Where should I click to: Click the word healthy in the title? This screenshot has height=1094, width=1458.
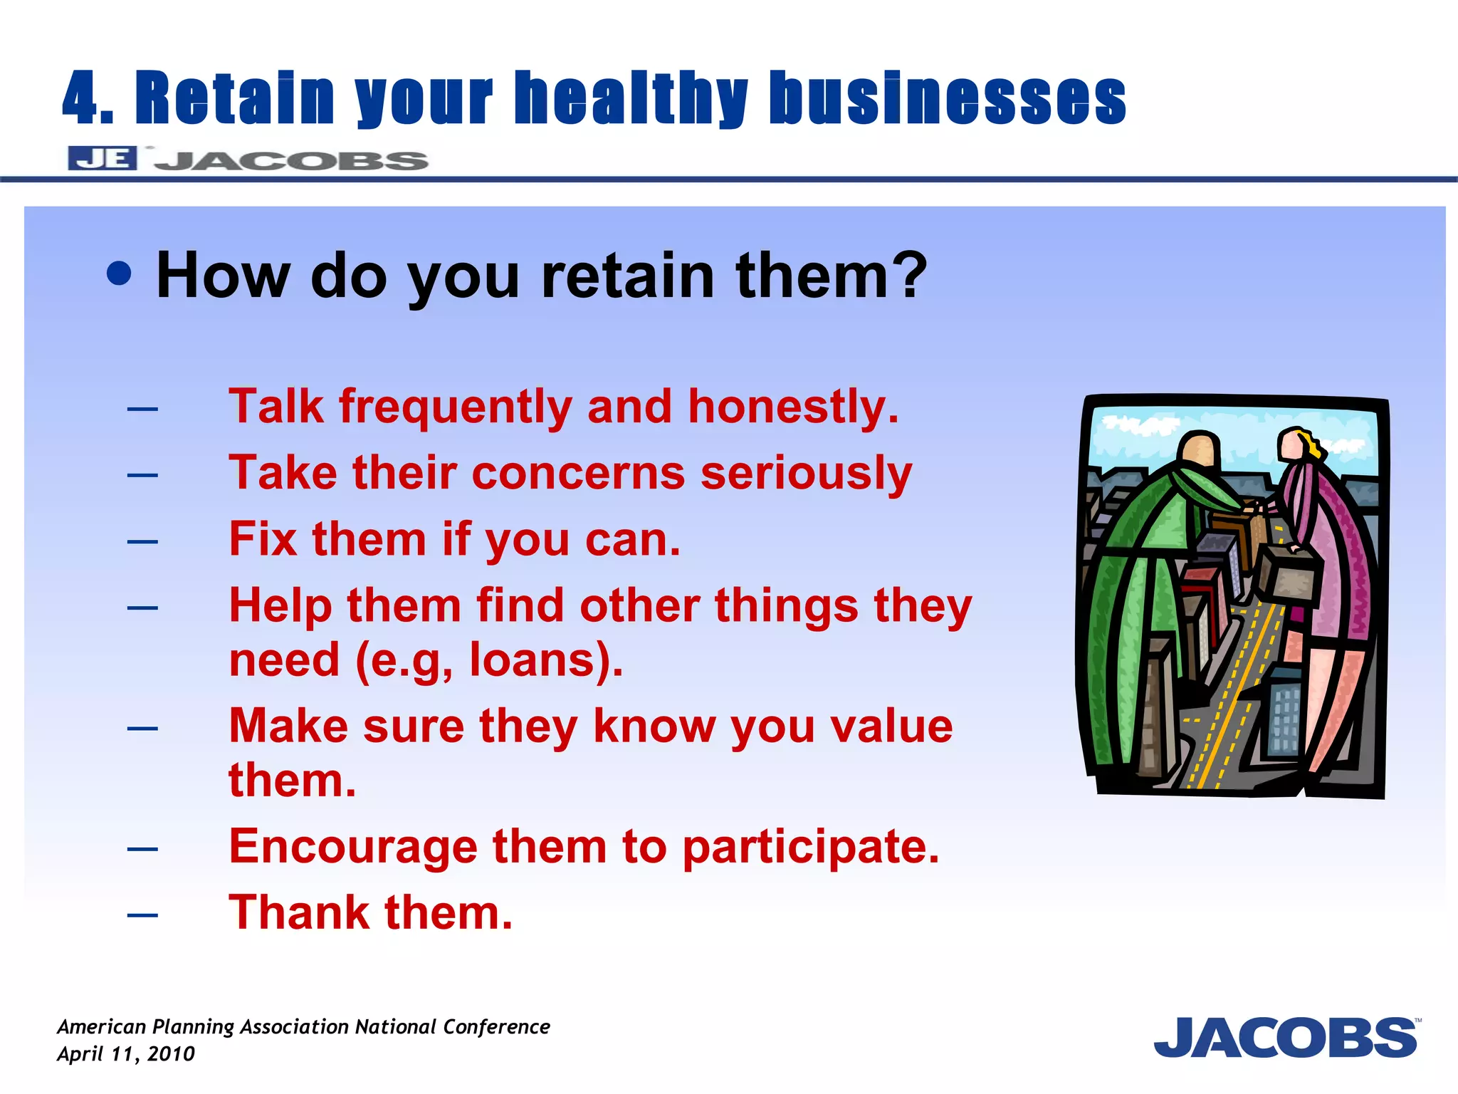click(631, 98)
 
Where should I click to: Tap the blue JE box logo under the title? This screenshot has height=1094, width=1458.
click(103, 158)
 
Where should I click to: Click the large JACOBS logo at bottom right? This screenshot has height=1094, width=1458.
click(1285, 1038)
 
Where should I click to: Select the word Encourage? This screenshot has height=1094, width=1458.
click(353, 848)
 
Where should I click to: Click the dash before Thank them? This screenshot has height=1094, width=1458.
click(142, 915)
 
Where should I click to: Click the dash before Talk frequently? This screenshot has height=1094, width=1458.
click(142, 409)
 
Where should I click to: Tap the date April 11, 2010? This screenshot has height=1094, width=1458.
click(125, 1054)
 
